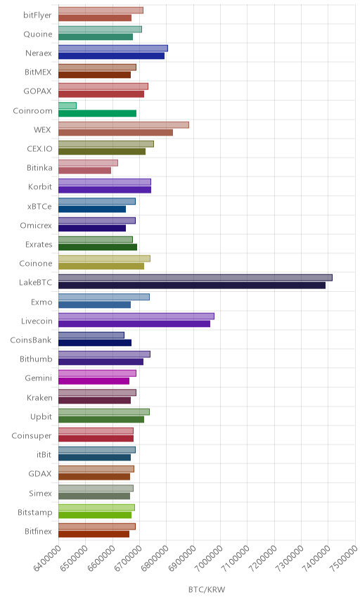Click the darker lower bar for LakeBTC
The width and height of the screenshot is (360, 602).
pos(192,286)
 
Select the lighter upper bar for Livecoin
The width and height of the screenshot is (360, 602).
pos(136,316)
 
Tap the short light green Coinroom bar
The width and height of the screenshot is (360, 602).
pos(67,105)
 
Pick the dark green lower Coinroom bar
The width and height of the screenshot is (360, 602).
pos(98,113)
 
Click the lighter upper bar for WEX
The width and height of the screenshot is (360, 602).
pos(124,124)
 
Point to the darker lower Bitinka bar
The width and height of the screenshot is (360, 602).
pos(85,170)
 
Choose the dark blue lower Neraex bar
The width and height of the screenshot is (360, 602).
pos(111,56)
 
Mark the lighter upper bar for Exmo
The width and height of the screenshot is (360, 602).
pos(104,297)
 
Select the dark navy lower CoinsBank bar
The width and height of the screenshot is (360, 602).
pos(95,343)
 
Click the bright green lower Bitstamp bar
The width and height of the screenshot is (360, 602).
pos(95,515)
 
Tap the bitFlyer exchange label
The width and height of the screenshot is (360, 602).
pos(37,15)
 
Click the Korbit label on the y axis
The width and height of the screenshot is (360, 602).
pos(40,186)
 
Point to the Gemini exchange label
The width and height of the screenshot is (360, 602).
pos(39,378)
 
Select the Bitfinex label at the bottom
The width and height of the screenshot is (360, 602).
pos(38,532)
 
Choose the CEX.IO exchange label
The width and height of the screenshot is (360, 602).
pos(39,148)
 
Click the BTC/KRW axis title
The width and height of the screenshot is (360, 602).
pos(207,590)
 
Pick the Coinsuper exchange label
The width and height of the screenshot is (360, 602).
pos(32,436)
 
